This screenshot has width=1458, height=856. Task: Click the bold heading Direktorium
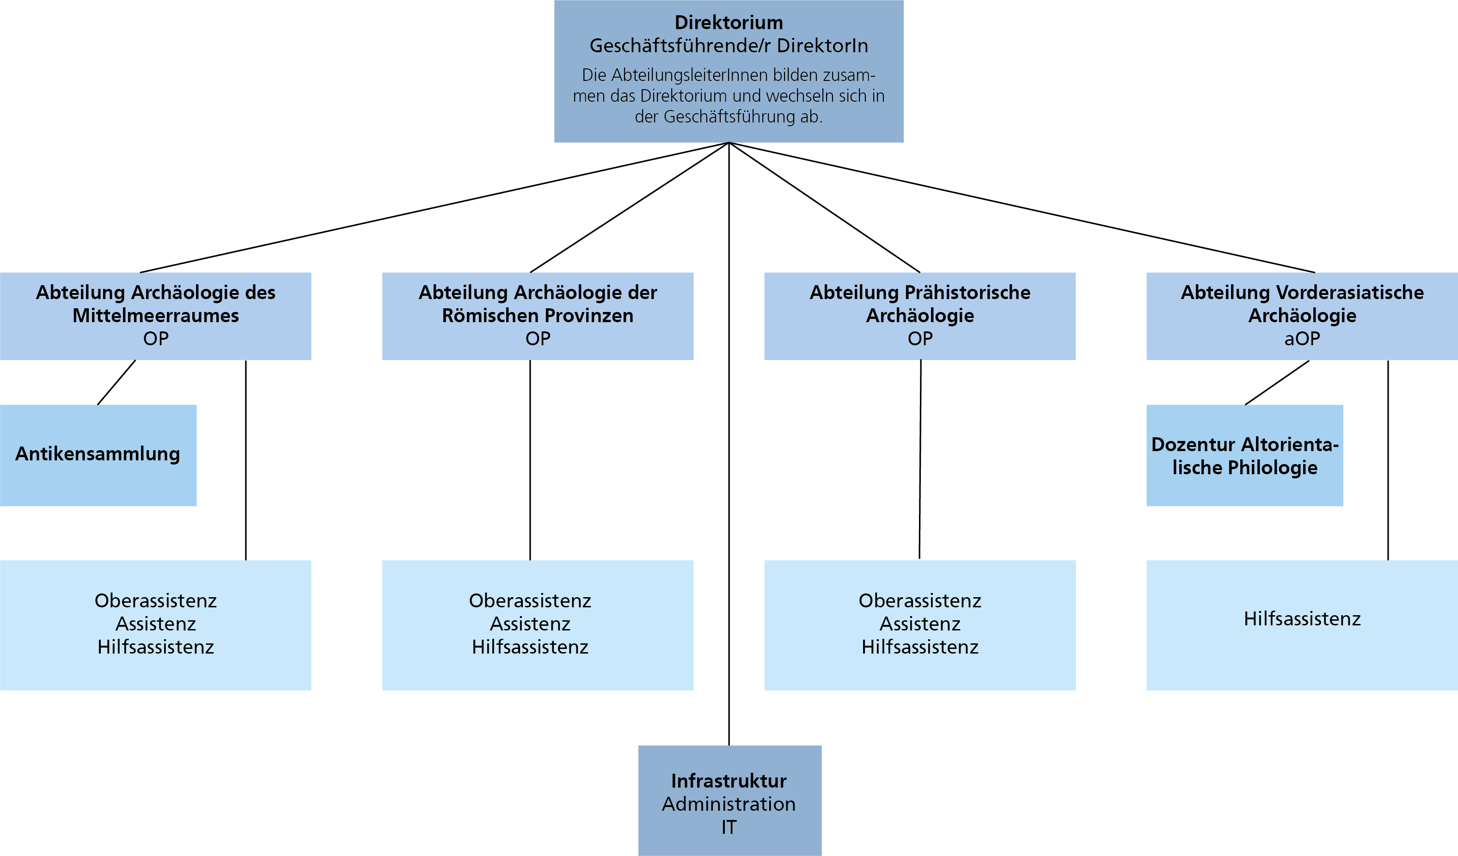tap(729, 23)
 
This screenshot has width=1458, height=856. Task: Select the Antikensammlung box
tap(98, 455)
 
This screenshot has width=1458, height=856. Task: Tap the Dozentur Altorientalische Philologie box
tap(1244, 455)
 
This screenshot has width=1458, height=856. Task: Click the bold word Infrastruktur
tap(729, 781)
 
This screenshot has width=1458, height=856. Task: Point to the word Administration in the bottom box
tap(729, 804)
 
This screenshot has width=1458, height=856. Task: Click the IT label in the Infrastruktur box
tap(729, 827)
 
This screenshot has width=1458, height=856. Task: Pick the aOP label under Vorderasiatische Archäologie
tap(1302, 338)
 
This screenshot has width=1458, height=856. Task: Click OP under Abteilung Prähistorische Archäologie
tap(920, 338)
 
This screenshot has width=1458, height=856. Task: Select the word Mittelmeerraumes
tap(156, 316)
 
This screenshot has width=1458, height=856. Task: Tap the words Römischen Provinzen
tap(538, 316)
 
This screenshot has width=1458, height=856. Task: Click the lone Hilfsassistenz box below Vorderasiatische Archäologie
tap(1302, 625)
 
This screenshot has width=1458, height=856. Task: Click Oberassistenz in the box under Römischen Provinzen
tap(530, 600)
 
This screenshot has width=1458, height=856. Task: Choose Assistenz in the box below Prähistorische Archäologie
tap(920, 624)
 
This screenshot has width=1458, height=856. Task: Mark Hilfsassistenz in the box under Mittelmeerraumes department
tap(156, 647)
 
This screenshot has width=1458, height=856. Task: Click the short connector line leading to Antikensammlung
tap(116, 382)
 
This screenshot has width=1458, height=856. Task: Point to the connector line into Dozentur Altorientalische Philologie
tap(1277, 382)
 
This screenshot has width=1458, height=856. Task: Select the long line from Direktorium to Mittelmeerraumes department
tap(434, 207)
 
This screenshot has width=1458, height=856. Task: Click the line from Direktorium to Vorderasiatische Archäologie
tap(1022, 207)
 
